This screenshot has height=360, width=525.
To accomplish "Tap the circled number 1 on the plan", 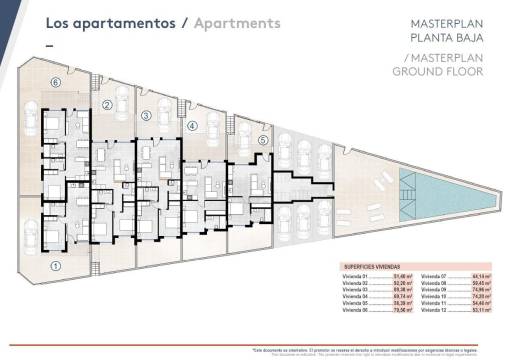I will [x=57, y=266].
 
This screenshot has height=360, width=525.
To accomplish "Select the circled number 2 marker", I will [x=107, y=104].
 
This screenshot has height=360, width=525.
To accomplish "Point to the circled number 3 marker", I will [x=146, y=116].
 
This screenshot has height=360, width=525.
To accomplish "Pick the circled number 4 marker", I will [x=192, y=126].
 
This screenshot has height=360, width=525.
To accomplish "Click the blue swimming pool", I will [x=446, y=185].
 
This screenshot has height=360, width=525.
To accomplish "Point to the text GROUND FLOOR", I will [x=438, y=71].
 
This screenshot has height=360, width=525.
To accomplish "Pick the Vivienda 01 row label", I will [x=355, y=277].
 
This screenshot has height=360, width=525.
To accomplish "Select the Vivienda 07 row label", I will [x=434, y=277].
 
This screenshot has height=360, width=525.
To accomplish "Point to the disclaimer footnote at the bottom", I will [x=385, y=351].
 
